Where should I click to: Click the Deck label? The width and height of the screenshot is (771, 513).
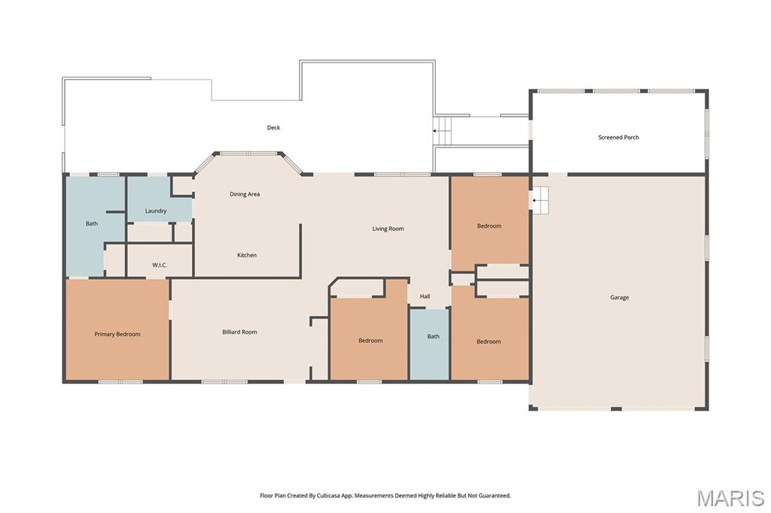(x=273, y=128)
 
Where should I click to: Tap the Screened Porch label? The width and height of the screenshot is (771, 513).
(x=619, y=138)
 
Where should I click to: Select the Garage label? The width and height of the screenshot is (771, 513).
(x=620, y=297)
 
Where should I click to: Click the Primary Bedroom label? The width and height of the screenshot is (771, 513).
(x=117, y=334)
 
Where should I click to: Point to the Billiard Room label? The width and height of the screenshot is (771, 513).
(x=239, y=332)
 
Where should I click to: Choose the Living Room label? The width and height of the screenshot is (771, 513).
(x=388, y=229)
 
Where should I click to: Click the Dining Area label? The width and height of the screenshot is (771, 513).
(x=245, y=194)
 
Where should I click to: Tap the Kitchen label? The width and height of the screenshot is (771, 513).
(x=247, y=255)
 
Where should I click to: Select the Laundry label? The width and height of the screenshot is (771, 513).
(x=156, y=211)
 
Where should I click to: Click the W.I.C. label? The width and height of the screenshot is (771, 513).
(x=160, y=265)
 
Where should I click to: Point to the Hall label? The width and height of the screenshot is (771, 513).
(x=425, y=296)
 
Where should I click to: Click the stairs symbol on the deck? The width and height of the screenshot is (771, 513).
(x=442, y=131)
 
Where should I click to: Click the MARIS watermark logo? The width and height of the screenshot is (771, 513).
(x=730, y=498)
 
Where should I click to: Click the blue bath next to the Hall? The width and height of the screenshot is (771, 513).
(x=430, y=344)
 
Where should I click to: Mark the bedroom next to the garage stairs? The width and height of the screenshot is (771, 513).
(x=489, y=223)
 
